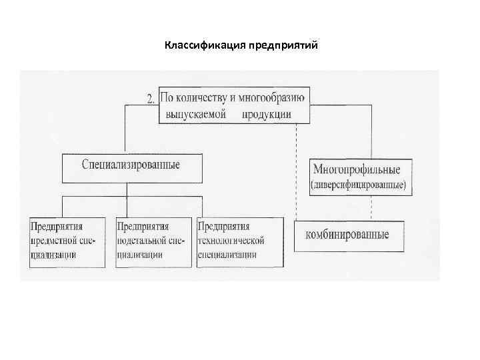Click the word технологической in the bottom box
(232, 240)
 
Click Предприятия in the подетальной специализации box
(142, 226)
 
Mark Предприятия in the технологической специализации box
(223, 226)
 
